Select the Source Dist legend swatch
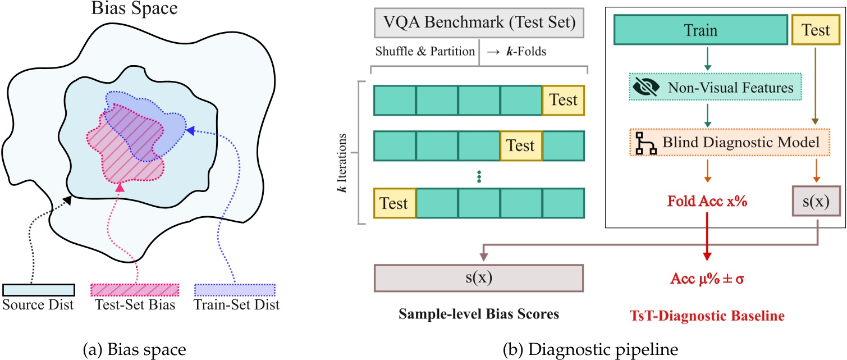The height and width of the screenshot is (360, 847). point(39,290)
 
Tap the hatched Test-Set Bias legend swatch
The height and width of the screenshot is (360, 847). point(135,290)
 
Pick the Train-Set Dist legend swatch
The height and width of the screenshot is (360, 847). point(235,290)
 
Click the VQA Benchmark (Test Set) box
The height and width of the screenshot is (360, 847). point(479,23)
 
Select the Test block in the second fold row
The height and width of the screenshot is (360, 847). point(520,145)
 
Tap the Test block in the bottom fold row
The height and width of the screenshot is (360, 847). point(395,203)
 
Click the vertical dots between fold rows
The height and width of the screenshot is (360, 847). point(479,176)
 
